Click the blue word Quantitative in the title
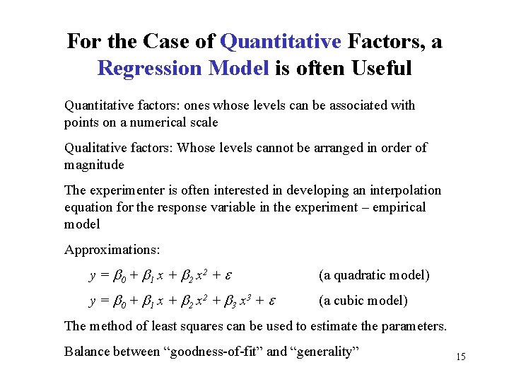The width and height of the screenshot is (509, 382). (281, 42)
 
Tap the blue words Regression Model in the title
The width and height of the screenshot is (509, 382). (183, 69)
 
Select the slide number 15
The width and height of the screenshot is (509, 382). (461, 357)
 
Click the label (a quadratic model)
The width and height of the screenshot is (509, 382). (374, 275)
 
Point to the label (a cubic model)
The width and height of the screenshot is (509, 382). (363, 301)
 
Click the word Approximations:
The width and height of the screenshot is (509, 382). (112, 250)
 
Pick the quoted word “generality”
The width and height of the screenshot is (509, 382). (324, 352)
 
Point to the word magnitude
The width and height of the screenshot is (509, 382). (94, 165)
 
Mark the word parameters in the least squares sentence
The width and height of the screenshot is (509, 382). (418, 326)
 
